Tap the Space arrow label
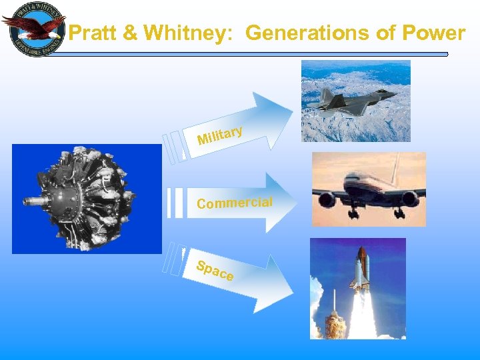click(x=214, y=270)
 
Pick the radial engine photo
click(x=87, y=199)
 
